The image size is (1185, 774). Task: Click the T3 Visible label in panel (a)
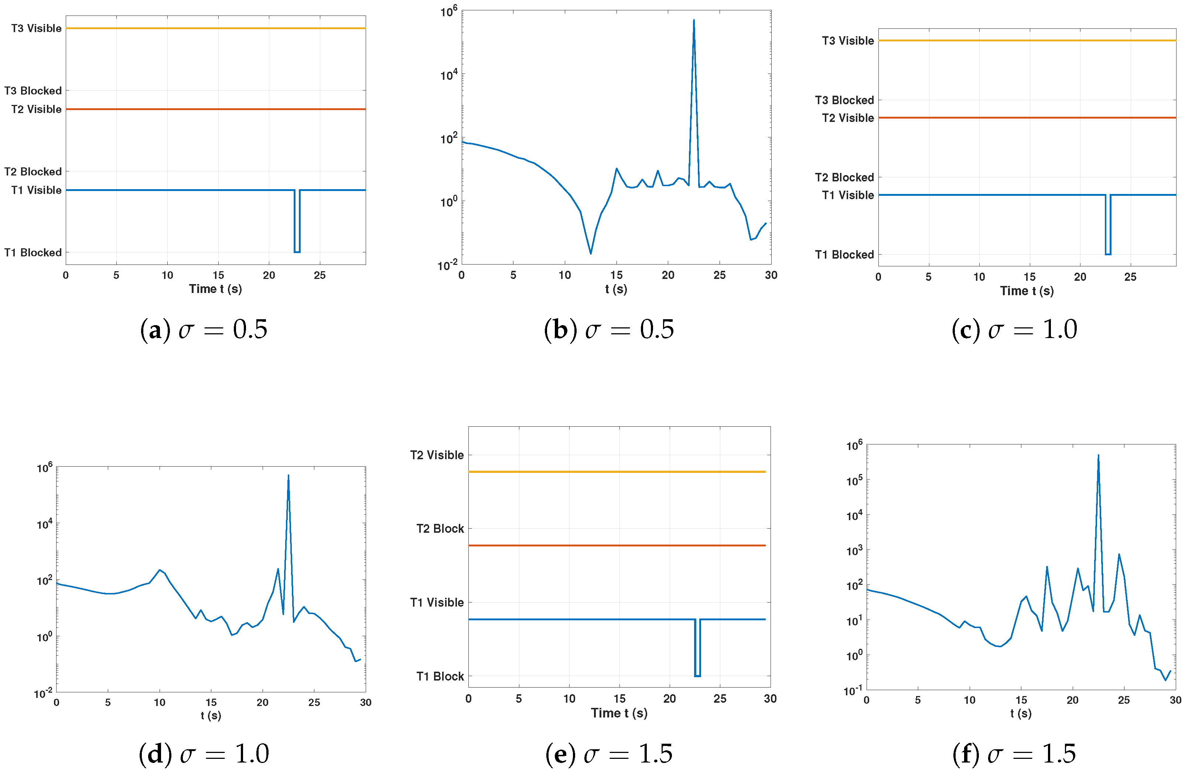[36, 28]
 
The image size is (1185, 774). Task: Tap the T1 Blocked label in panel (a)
[33, 253]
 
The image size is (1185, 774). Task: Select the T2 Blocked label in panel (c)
[844, 177]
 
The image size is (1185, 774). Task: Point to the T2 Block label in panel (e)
[440, 528]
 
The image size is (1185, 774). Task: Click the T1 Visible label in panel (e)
[437, 602]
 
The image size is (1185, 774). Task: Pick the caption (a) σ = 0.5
[204, 330]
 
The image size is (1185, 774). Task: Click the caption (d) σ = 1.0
[204, 754]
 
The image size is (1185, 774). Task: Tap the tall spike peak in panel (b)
[694, 20]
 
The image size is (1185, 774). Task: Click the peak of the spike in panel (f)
[1098, 455]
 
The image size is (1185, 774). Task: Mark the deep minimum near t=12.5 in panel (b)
[591, 253]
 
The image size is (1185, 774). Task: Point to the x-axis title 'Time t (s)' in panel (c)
[1027, 291]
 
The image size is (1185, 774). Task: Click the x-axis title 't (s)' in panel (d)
[211, 715]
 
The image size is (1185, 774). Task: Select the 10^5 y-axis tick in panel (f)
[854, 480]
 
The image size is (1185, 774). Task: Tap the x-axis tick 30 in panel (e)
[770, 698]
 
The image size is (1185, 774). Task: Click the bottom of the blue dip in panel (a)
[297, 252]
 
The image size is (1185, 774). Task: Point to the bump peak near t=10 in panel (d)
[159, 570]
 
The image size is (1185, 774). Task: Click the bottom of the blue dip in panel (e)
[697, 676]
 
